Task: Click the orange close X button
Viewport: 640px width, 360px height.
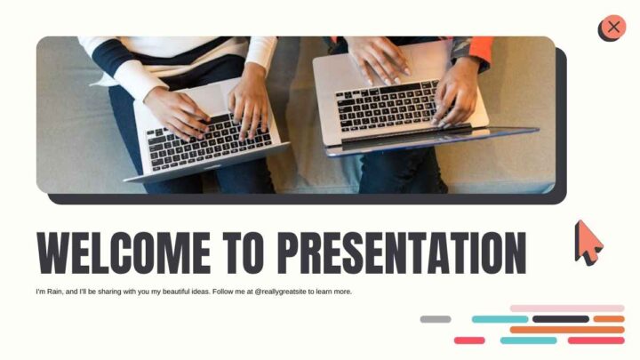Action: pyautogui.click(x=613, y=28)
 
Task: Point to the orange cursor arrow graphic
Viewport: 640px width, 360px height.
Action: pyautogui.click(x=588, y=244)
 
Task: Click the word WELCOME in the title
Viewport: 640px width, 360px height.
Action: pyautogui.click(x=124, y=252)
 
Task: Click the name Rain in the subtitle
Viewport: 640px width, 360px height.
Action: pyautogui.click(x=55, y=292)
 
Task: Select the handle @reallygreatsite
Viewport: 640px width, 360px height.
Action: pyautogui.click(x=280, y=292)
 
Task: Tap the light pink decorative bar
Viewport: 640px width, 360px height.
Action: pyautogui.click(x=567, y=308)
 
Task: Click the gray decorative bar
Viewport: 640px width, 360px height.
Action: pyautogui.click(x=436, y=319)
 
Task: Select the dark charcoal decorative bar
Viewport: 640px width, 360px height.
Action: pyautogui.click(x=561, y=319)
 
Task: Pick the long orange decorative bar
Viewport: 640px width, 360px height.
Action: pyautogui.click(x=567, y=330)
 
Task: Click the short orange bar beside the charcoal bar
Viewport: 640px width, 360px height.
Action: pyautogui.click(x=609, y=319)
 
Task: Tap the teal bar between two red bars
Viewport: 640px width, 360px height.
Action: pyautogui.click(x=529, y=340)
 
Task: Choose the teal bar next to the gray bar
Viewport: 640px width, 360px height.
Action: pyautogui.click(x=500, y=319)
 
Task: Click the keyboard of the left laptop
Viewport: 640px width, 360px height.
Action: pyautogui.click(x=209, y=143)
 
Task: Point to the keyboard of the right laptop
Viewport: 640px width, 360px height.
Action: pyautogui.click(x=388, y=106)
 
